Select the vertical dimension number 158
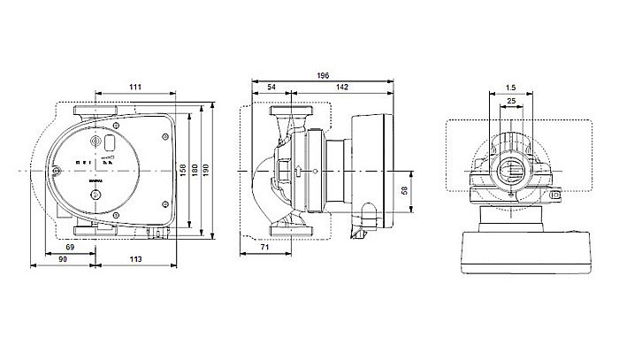(x=183, y=168)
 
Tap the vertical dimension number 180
(x=195, y=168)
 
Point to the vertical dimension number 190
(x=208, y=168)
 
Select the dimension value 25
(x=511, y=102)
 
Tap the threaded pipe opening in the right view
(x=511, y=169)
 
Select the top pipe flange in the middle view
(x=290, y=113)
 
